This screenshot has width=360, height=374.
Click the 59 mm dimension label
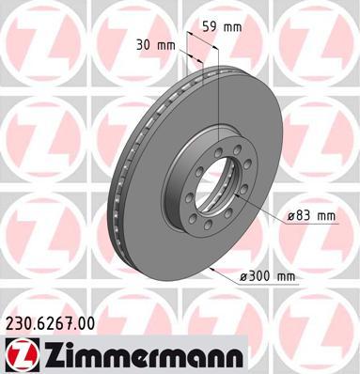click(222, 27)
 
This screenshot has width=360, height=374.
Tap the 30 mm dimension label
click(155, 46)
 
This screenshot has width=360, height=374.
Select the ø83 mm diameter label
click(311, 216)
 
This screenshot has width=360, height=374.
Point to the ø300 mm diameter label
click(267, 276)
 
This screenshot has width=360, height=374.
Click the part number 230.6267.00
click(50, 323)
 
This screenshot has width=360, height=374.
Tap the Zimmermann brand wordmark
click(143, 355)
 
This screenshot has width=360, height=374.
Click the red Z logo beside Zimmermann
click(22, 355)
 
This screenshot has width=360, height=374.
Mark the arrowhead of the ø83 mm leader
click(237, 195)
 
